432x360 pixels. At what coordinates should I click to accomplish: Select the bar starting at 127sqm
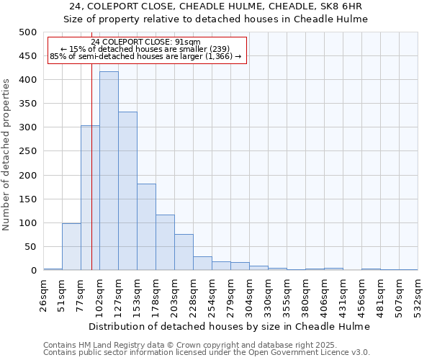(127, 191)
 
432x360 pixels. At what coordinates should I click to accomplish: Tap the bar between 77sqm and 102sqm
(90, 198)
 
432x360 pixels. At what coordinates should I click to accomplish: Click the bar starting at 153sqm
(146, 227)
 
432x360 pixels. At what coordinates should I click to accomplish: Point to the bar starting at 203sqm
(184, 252)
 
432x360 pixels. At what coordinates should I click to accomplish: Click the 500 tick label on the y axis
(27, 32)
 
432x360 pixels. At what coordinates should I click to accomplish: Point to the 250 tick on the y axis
(27, 151)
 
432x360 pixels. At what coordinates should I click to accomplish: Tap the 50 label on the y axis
(30, 247)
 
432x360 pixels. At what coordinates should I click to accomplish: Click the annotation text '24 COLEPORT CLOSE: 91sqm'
(146, 42)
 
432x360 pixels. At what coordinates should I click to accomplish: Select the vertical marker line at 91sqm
(91, 180)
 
